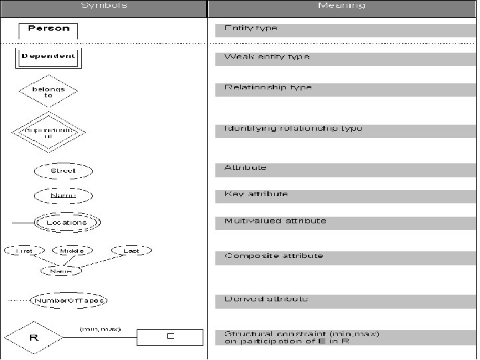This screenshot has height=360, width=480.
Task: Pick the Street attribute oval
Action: [x=63, y=171]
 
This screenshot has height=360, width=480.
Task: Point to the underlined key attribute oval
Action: [x=63, y=196]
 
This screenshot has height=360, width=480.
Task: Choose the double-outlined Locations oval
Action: [x=67, y=222]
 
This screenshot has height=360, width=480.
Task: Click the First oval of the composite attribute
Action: [x=24, y=251]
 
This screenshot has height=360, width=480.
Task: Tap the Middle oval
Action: [x=72, y=251]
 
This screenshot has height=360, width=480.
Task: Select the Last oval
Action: [x=131, y=251]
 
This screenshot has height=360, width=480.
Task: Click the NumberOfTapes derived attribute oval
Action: [x=69, y=300]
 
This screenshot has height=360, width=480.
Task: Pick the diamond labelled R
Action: [x=34, y=339]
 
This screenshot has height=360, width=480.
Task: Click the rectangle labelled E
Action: [x=169, y=337]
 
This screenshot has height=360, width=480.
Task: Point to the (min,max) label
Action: [x=100, y=329]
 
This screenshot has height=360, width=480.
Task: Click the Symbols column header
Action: [x=103, y=5]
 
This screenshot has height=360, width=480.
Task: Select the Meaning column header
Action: [x=341, y=5]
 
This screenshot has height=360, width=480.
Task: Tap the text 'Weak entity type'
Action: [x=267, y=57]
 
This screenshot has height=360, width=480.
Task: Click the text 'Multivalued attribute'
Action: [x=275, y=221]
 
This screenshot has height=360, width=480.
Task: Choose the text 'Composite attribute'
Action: [x=273, y=256]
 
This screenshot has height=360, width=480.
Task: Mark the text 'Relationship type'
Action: [x=268, y=87]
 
